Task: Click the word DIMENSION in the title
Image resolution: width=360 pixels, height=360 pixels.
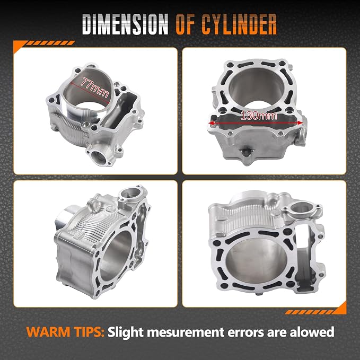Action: (125, 24)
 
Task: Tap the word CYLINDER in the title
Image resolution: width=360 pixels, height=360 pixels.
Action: (239, 24)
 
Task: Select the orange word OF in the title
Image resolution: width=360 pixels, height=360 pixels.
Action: (186, 24)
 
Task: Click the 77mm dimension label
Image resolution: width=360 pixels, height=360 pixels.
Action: (95, 87)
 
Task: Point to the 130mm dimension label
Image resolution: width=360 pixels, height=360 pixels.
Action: (259, 116)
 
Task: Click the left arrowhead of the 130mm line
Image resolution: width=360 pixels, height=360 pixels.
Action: (211, 124)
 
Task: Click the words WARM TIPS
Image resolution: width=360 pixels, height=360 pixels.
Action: (65, 332)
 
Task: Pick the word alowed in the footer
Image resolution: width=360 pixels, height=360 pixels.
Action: (312, 332)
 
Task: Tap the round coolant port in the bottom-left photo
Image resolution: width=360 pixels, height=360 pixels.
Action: (130, 194)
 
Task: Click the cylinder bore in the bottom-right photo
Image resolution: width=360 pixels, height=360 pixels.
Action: (257, 261)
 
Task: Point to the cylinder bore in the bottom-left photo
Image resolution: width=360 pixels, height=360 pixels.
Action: (116, 256)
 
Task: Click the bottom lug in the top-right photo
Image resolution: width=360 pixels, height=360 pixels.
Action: (247, 154)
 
